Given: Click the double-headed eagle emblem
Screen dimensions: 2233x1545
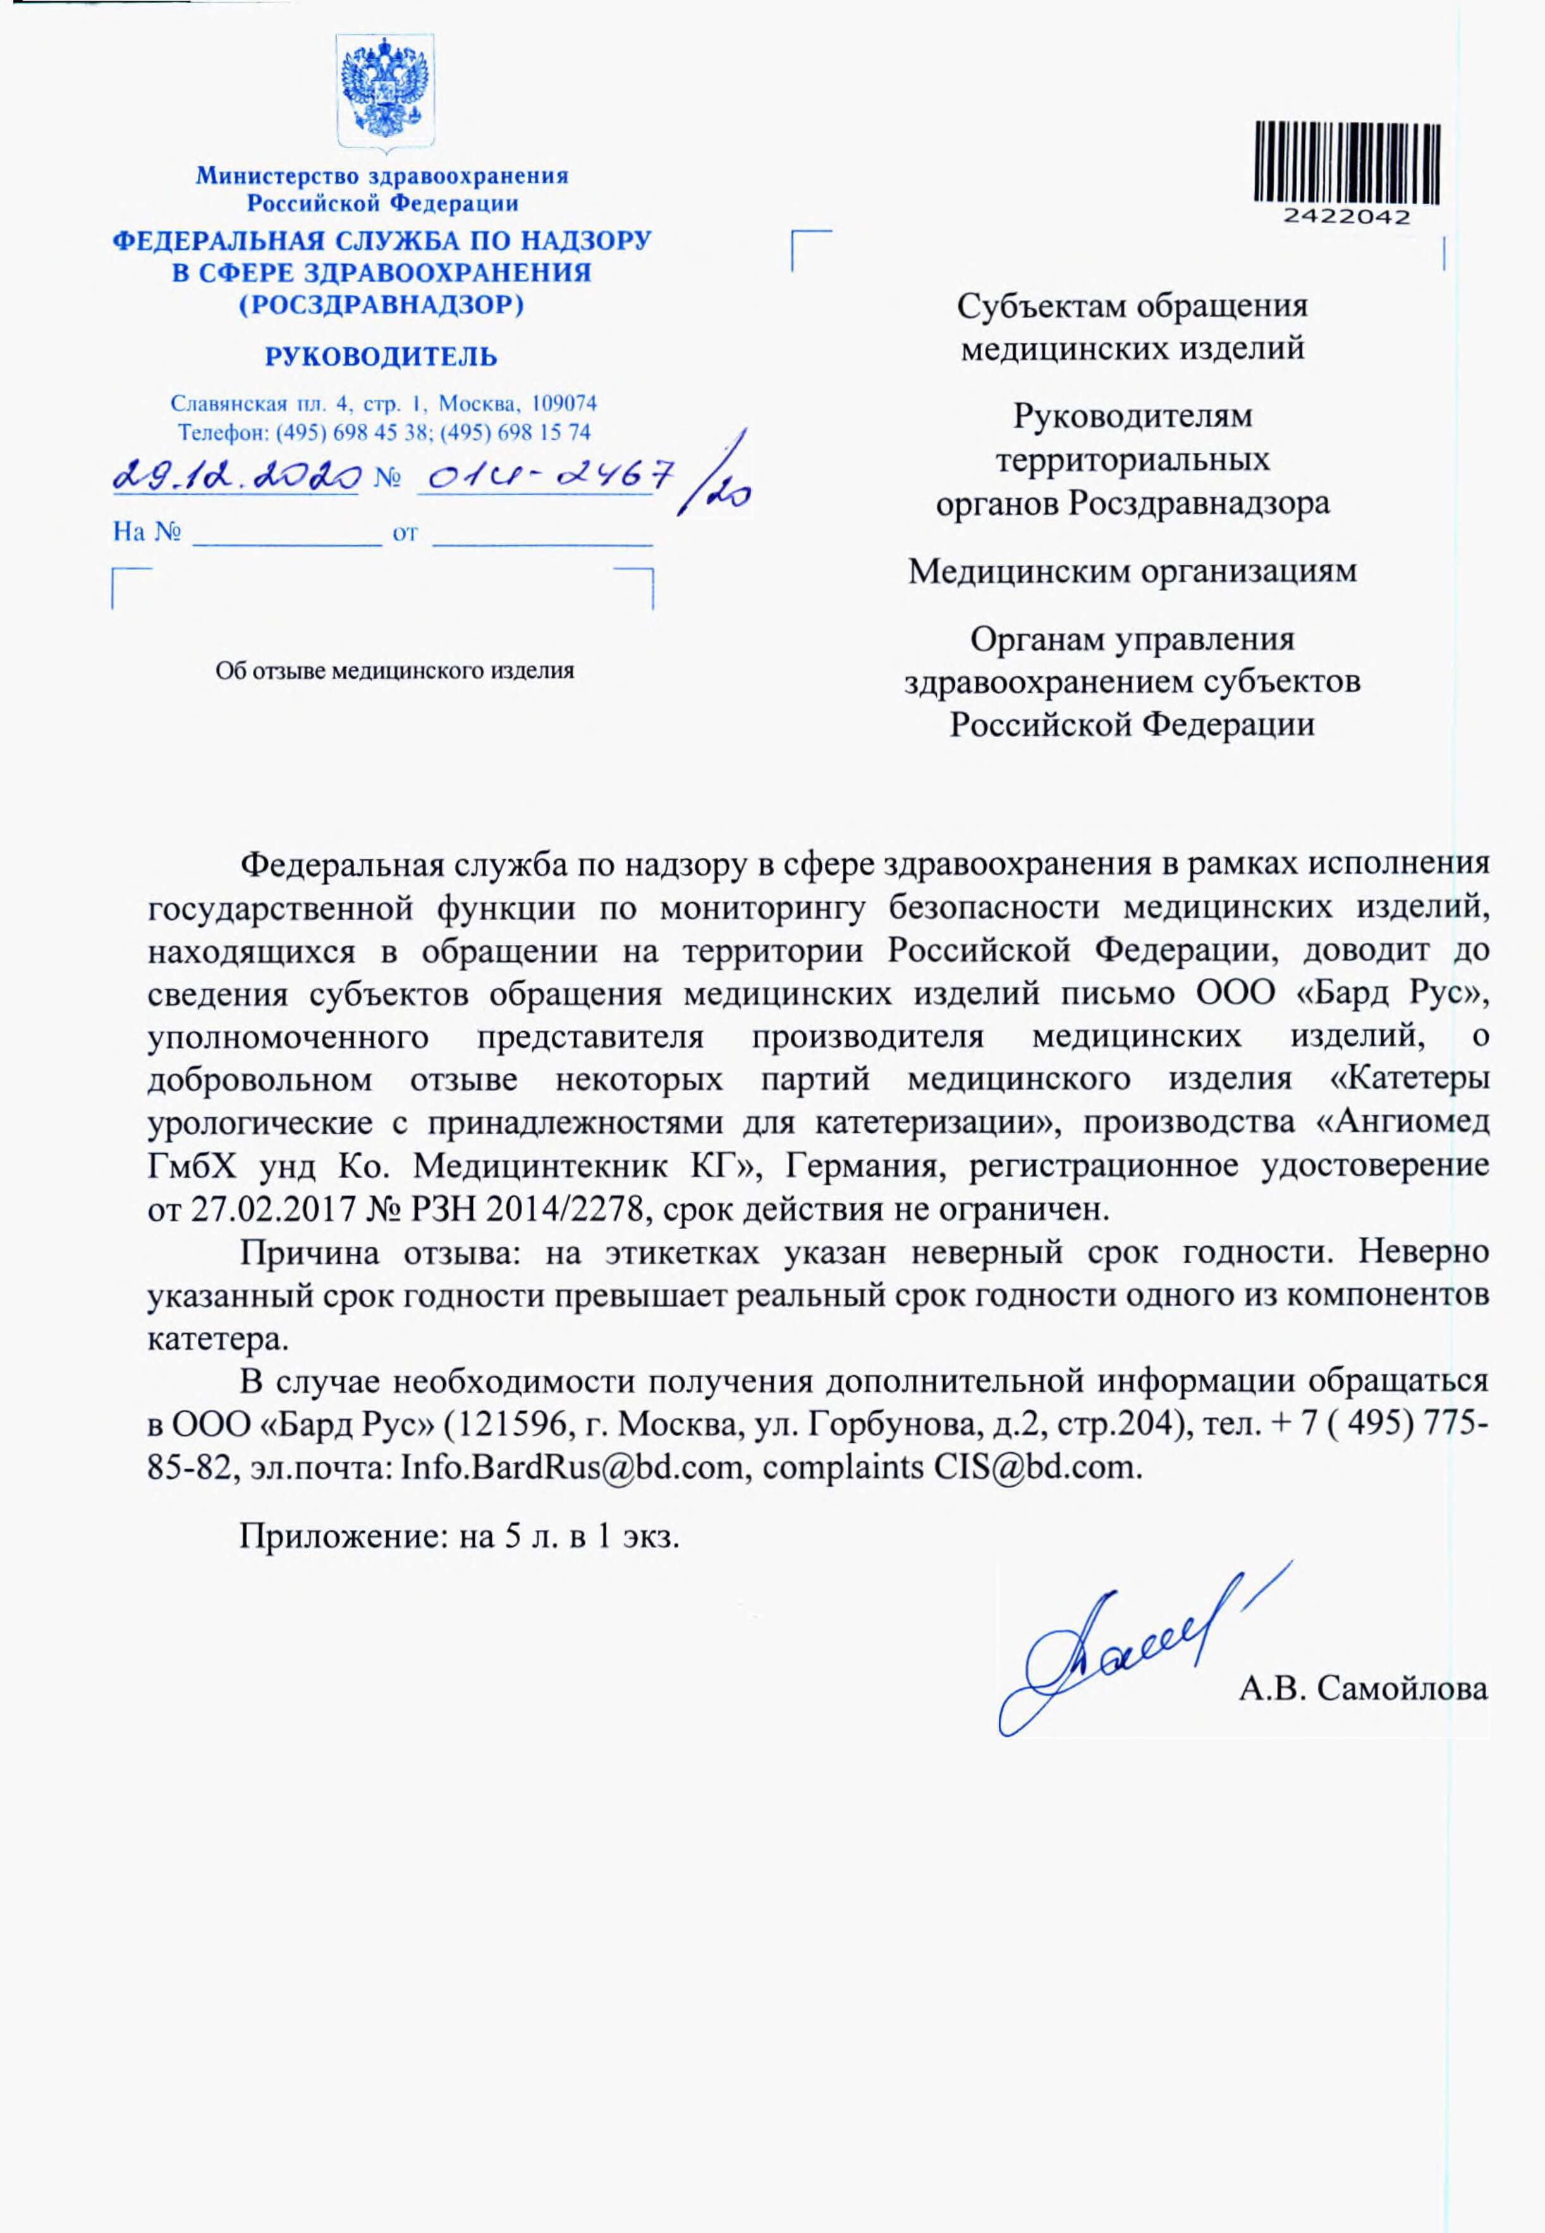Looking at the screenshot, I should [385, 95].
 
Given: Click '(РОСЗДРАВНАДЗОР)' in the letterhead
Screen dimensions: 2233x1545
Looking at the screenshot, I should [381, 306].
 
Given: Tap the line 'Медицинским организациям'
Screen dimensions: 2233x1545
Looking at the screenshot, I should [1132, 571].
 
